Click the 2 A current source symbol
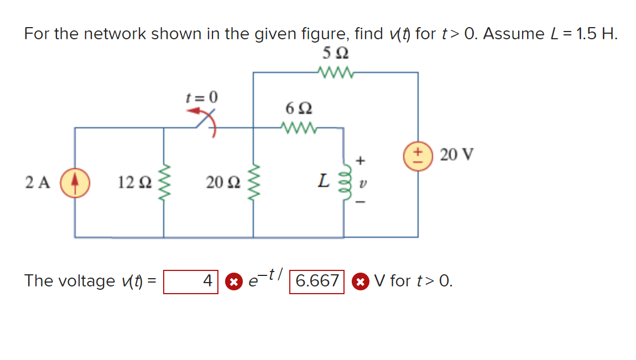coord(75,183)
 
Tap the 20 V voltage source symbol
coord(418,154)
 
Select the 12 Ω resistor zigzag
coord(164,182)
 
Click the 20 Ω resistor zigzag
coord(254,182)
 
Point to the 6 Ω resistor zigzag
coord(299,128)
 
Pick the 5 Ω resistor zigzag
coord(335,72)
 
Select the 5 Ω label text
coord(335,54)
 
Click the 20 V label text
coord(457,154)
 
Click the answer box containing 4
coord(191,281)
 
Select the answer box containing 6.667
coord(317,281)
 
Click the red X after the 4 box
coord(234,281)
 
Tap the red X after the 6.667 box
coord(360,281)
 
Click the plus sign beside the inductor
coord(361,161)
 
